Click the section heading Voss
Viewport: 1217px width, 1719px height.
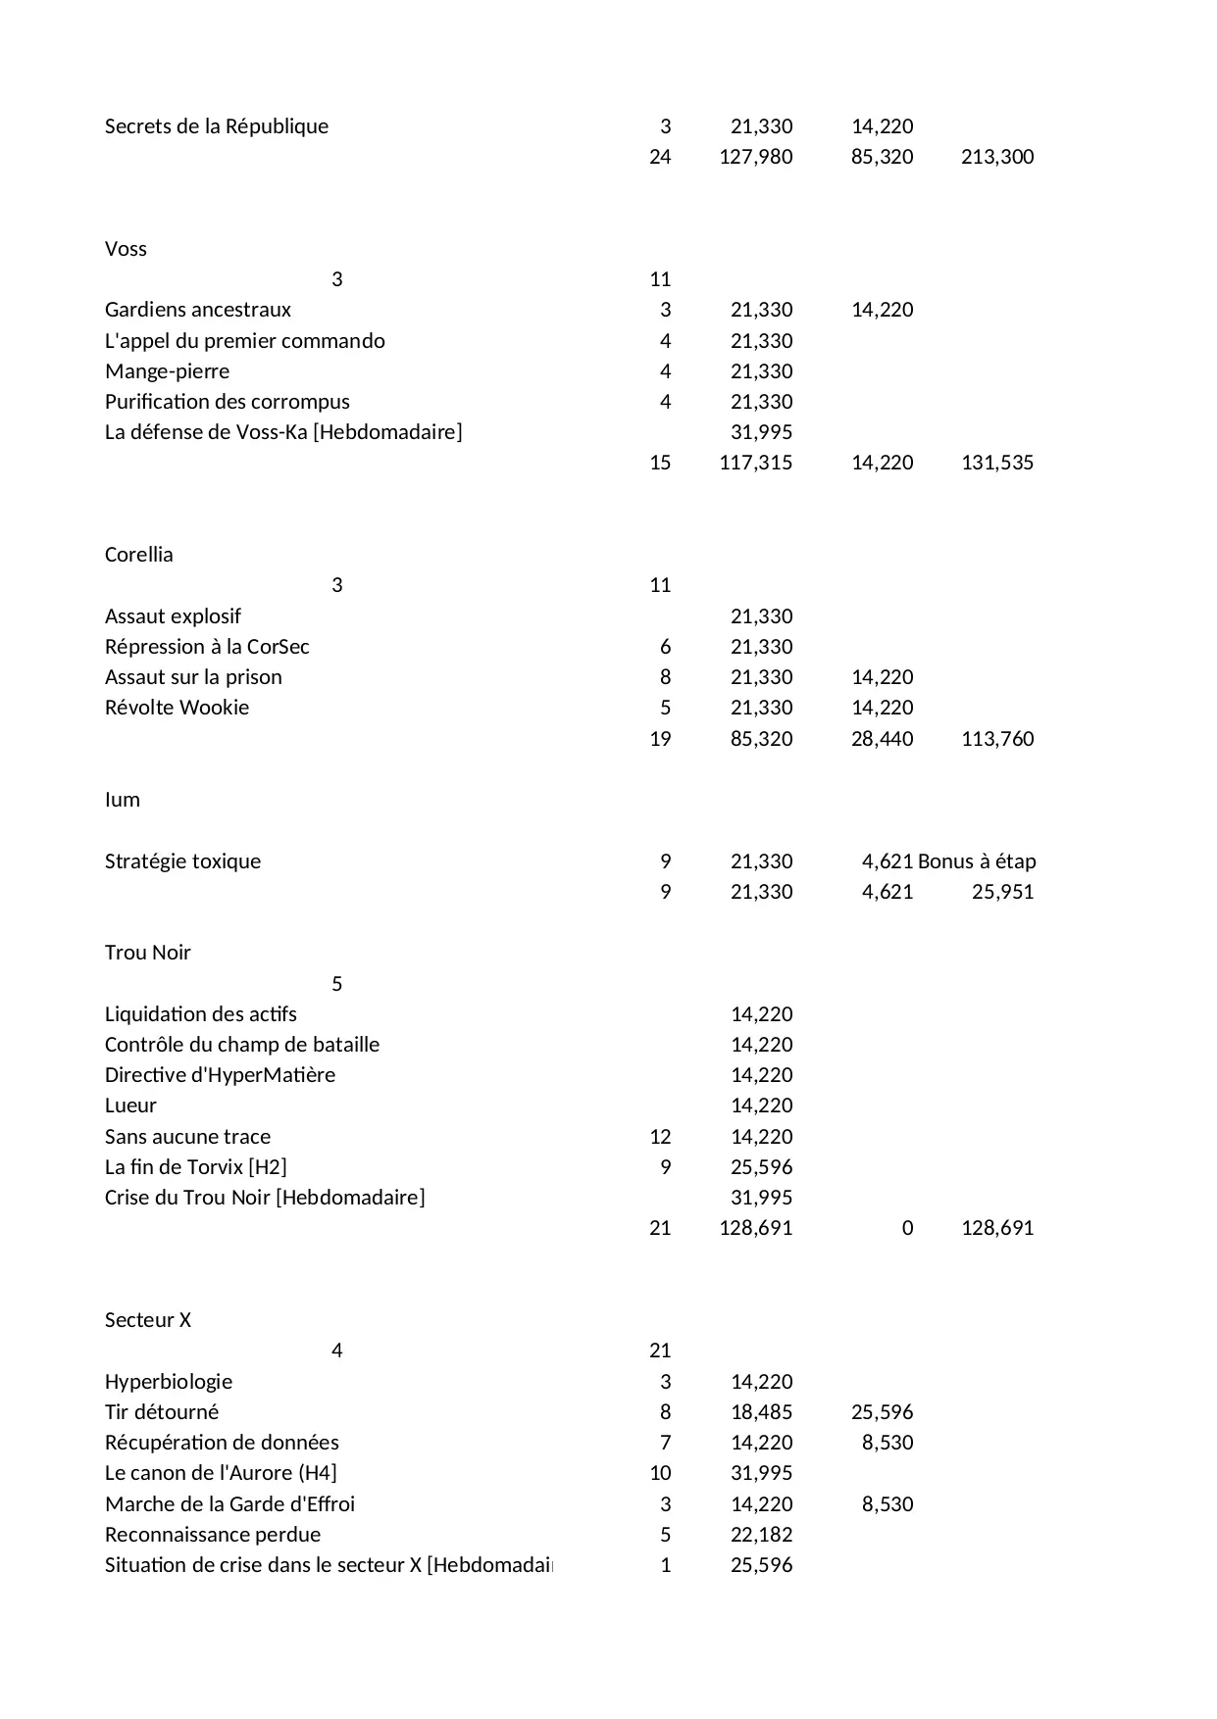tap(126, 249)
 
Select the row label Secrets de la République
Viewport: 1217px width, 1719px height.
tap(216, 126)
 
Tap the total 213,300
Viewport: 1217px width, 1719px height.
tap(996, 157)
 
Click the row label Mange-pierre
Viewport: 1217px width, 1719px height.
tap(167, 371)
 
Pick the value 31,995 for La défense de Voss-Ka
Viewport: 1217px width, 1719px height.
tap(761, 432)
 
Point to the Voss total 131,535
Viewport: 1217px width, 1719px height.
tap(996, 463)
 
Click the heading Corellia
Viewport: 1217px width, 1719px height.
tap(138, 555)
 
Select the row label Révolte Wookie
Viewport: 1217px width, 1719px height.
tap(177, 708)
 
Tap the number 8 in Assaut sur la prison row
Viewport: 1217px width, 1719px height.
tap(665, 677)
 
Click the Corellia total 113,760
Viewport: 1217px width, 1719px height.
tap(996, 739)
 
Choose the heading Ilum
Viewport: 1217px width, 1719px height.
tap(122, 800)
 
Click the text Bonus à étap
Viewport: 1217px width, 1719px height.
tap(976, 861)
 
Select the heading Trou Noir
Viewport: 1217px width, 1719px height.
tap(147, 953)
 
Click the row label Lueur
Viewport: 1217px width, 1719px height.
tap(130, 1105)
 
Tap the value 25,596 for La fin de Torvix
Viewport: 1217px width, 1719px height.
tap(761, 1167)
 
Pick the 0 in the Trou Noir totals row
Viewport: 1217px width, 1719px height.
tap(907, 1228)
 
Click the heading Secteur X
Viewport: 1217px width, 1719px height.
tap(147, 1320)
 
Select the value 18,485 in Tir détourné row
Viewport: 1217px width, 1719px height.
tap(761, 1412)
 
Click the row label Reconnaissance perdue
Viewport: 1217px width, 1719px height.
tap(212, 1535)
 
